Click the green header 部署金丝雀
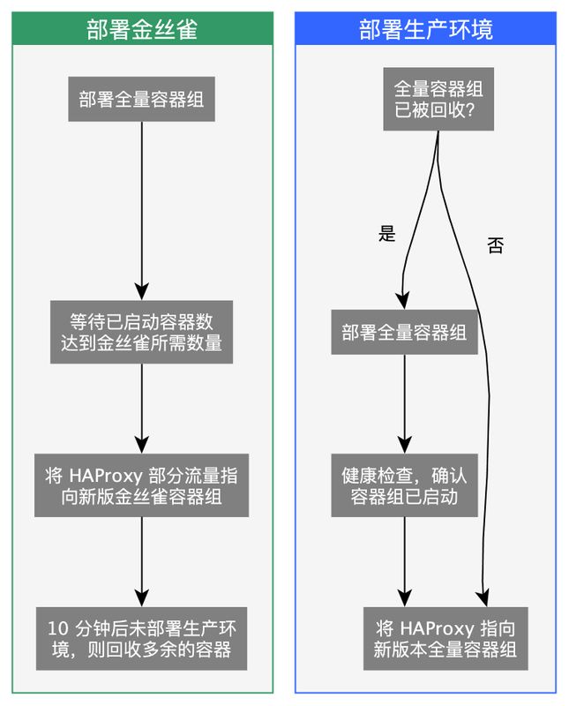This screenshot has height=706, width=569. [141, 29]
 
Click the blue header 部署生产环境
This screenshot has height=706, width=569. [425, 29]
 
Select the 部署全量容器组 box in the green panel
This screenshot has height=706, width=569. [141, 99]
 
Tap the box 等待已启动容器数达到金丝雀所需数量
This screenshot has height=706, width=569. [141, 331]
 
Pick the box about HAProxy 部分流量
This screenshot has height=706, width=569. [141, 486]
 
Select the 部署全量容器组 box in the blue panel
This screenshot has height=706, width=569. [404, 333]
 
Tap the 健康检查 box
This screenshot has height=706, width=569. [404, 485]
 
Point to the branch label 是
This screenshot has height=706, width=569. [386, 234]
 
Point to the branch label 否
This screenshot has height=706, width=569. [495, 246]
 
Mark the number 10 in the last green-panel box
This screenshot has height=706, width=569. [57, 629]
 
